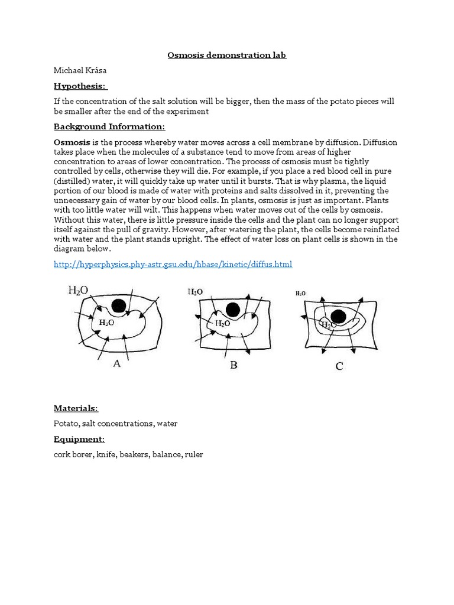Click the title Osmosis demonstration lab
coord(227,55)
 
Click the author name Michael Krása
coord(80,70)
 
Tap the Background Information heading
coord(109,126)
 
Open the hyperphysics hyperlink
coord(173,264)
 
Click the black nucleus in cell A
coord(119,305)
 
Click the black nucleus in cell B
coord(232,309)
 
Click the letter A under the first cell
coord(116,363)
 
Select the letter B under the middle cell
coord(234,365)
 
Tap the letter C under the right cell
coord(339,366)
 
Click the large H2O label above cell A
coord(79,290)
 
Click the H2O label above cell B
coord(195,291)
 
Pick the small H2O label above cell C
coord(300,294)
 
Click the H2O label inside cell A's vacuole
coord(106,323)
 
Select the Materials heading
coord(76,408)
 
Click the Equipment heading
coord(79,439)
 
